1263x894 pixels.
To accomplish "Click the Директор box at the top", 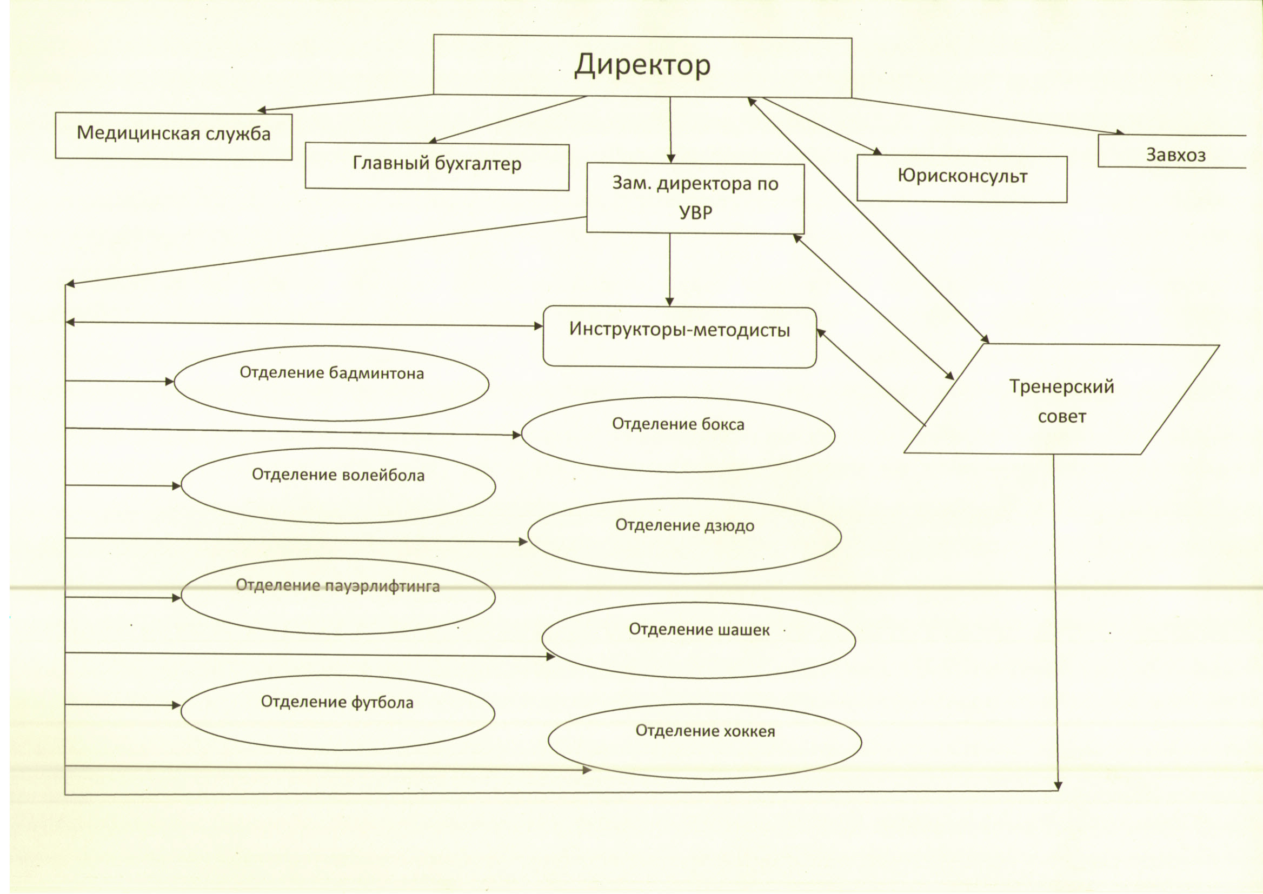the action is tap(642, 66).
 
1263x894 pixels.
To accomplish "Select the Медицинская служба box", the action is tap(174, 136).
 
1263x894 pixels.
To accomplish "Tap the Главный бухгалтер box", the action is tap(437, 166).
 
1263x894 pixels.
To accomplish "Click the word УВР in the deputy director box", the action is tap(695, 212).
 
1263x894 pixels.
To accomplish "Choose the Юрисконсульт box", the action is tap(962, 178).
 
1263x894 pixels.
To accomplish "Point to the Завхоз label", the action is tap(1175, 155).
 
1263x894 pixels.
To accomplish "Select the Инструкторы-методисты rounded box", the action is tap(680, 337).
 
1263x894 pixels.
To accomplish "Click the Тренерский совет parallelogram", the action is tap(1061, 399).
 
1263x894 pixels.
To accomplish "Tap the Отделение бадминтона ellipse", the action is tap(331, 383).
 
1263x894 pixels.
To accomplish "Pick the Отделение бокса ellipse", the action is tap(678, 435).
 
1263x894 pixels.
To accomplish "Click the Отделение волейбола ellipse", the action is tap(338, 485).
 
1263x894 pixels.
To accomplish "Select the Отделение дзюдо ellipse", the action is tap(684, 536).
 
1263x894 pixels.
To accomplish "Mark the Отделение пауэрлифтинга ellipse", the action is tap(338, 597).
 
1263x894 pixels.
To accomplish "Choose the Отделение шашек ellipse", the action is tap(699, 640).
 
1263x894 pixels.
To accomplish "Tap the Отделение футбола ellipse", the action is tap(337, 712).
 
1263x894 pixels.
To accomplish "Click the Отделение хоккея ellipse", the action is tap(704, 741).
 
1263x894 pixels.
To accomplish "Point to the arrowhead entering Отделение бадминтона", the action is tap(170, 382).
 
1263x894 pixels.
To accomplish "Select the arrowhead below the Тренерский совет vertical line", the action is tap(1058, 786).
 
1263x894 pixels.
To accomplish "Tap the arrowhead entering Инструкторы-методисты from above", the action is tap(669, 302).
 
